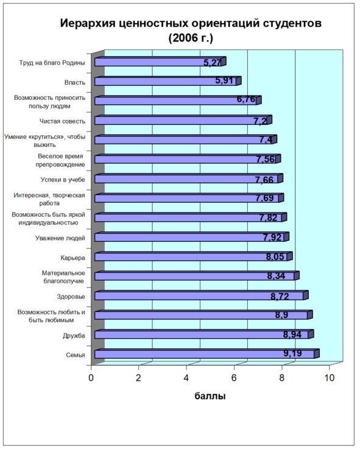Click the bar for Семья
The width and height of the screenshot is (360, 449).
click(x=207, y=353)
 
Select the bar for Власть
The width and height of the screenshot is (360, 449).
click(x=168, y=81)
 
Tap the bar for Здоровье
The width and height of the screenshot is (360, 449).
click(x=202, y=295)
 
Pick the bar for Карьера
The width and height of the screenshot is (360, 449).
click(x=194, y=256)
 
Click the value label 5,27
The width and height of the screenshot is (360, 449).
click(x=212, y=63)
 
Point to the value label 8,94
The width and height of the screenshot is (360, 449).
click(x=292, y=334)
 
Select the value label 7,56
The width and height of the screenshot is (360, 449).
click(x=266, y=159)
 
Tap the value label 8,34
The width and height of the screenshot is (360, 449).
click(x=276, y=276)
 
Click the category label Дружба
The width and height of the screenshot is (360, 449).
click(x=74, y=335)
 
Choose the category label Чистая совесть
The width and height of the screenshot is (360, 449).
click(x=62, y=121)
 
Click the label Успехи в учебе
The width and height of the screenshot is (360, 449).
click(x=63, y=180)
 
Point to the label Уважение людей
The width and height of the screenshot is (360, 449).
click(x=60, y=238)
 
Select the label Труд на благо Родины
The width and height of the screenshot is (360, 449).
click(x=52, y=63)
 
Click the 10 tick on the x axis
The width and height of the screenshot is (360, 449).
click(x=330, y=378)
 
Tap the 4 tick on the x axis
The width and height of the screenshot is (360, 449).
click(x=186, y=378)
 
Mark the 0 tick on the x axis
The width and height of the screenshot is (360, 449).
click(x=91, y=378)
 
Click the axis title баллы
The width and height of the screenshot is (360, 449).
click(x=210, y=396)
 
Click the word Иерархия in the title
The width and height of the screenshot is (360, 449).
click(x=88, y=23)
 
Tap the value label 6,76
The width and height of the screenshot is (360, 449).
click(x=246, y=99)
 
